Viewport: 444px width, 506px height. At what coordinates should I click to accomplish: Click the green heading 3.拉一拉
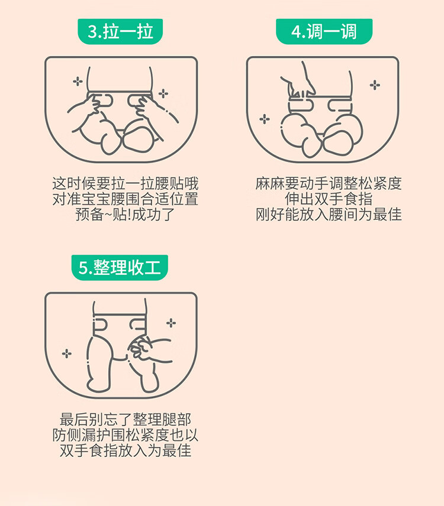(x=120, y=32)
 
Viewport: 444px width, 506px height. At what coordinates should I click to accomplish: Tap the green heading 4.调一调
(x=324, y=32)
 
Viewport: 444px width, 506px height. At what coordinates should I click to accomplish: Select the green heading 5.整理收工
(x=120, y=268)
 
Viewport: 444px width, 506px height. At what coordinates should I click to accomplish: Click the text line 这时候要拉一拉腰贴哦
(x=126, y=184)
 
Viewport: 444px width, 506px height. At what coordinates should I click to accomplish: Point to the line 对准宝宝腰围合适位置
(x=126, y=199)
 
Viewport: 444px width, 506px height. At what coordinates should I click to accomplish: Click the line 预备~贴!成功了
(x=126, y=215)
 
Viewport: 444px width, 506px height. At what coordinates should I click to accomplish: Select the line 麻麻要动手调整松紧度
(x=329, y=184)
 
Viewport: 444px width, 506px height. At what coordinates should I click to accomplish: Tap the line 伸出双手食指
(x=329, y=199)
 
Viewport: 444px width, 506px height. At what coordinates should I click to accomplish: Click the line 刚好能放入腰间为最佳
(x=329, y=215)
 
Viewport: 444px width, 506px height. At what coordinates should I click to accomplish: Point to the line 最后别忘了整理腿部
(x=126, y=420)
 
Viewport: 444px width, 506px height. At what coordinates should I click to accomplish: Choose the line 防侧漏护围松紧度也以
(x=126, y=435)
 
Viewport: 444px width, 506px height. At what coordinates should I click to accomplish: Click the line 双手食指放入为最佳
(x=126, y=450)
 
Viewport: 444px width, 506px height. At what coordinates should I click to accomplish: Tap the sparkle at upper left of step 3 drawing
(x=78, y=82)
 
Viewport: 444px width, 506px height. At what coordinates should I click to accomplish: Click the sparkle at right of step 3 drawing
(x=163, y=93)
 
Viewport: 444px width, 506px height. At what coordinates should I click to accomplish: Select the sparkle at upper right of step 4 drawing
(x=375, y=85)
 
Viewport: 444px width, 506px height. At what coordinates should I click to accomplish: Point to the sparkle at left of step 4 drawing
(x=265, y=119)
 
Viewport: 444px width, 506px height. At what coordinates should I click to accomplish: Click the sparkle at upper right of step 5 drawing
(x=171, y=323)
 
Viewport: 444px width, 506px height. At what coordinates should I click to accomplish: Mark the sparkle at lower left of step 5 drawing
(x=67, y=353)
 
